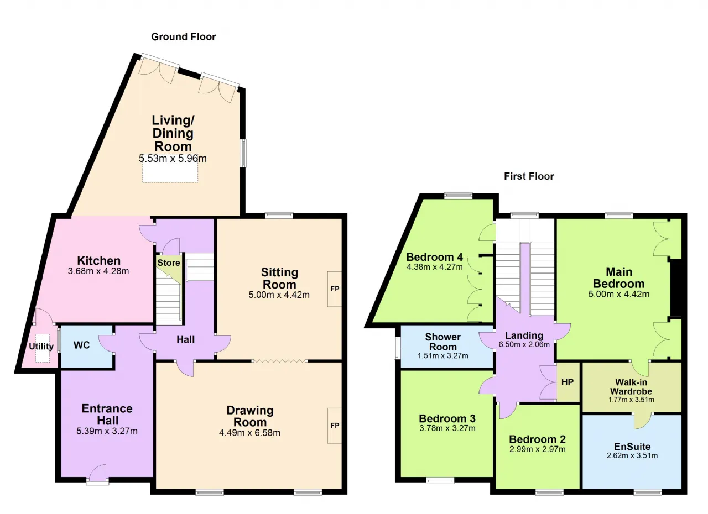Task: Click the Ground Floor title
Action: [x=183, y=37]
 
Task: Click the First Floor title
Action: [x=529, y=176]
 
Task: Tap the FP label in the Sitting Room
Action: [x=335, y=289]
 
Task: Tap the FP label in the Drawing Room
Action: [x=335, y=426]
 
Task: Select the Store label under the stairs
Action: [x=169, y=263]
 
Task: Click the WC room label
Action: [x=81, y=345]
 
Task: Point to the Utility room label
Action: [x=41, y=347]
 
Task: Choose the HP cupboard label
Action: [x=568, y=382]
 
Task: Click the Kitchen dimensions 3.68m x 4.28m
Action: [x=98, y=271]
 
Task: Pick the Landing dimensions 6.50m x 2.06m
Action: [x=524, y=344]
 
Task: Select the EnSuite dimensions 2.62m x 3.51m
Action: [x=632, y=455]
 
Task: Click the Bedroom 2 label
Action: [x=537, y=439]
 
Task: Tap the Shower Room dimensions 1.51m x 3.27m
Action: [x=443, y=356]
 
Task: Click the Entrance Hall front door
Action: [x=98, y=473]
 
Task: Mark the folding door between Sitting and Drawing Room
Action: [x=279, y=360]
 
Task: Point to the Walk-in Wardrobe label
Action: [x=631, y=387]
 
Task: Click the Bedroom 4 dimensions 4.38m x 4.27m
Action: [x=435, y=267]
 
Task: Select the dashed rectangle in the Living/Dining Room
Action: [x=170, y=169]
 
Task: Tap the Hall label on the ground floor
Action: [x=185, y=340]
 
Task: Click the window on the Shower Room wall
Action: [x=397, y=348]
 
